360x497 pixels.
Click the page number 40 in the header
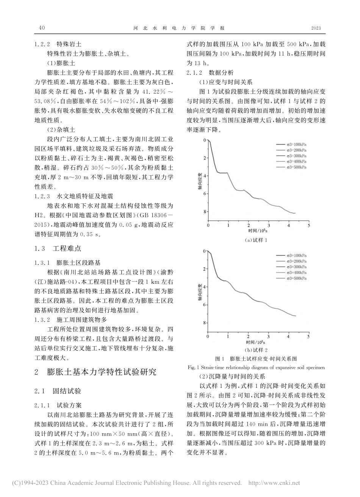42,28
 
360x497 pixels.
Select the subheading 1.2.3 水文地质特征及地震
73,197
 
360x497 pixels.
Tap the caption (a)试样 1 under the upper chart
257,239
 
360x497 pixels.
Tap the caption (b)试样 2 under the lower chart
257,350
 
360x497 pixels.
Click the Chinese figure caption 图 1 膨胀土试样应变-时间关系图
256,358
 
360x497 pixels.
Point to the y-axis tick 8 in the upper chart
205,211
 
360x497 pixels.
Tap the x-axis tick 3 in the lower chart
268,336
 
